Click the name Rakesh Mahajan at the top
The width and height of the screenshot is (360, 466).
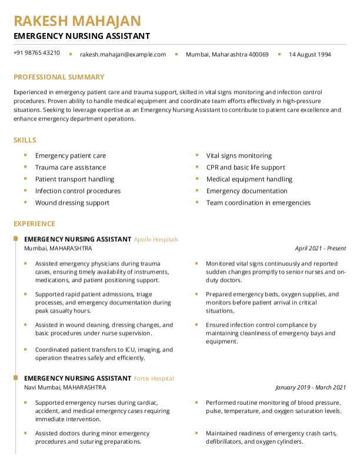click(x=77, y=21)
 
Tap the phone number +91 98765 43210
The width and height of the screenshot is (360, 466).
click(x=36, y=53)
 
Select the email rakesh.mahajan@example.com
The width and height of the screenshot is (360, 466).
click(x=123, y=55)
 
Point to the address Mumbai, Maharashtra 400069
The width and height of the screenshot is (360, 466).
click(x=227, y=55)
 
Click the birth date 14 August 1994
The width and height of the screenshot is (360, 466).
click(x=309, y=55)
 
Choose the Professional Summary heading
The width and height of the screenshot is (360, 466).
click(x=59, y=77)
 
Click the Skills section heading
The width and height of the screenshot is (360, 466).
click(x=25, y=140)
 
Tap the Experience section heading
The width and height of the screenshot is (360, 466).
click(x=34, y=224)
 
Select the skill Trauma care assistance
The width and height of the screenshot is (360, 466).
click(x=71, y=168)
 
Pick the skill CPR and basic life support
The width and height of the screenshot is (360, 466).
click(x=245, y=168)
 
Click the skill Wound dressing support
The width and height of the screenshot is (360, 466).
click(x=72, y=203)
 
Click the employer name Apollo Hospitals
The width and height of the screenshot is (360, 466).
click(x=156, y=239)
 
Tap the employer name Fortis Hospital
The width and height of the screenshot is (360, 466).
click(x=154, y=378)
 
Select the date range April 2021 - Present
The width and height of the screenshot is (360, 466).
click(x=321, y=249)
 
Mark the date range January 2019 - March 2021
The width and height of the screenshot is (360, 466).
click(x=311, y=388)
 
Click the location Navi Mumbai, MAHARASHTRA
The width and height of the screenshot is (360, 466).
click(x=65, y=388)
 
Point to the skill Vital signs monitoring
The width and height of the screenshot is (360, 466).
click(x=239, y=156)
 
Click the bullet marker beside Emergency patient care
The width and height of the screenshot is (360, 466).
click(x=25, y=155)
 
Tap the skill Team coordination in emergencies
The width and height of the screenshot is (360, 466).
click(x=258, y=203)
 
